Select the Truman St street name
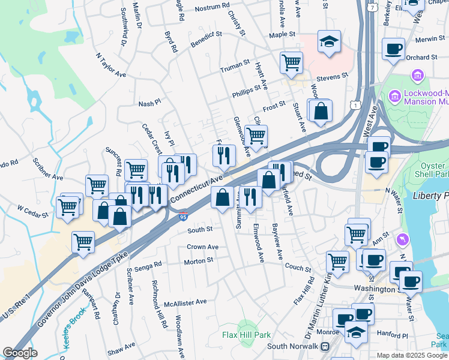[x=234, y=64]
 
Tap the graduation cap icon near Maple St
[x=329, y=41]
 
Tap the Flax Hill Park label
[x=246, y=335]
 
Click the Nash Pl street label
[x=149, y=103]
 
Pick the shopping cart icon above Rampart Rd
[x=83, y=242]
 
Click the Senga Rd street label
[x=148, y=265]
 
